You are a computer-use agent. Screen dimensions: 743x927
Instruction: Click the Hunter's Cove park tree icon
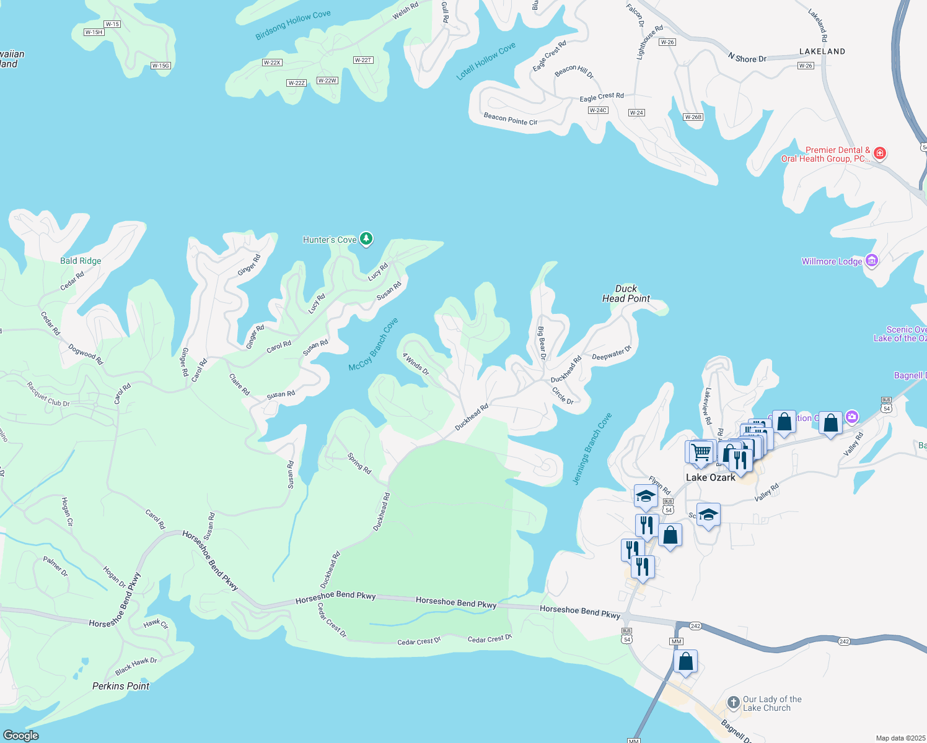click(366, 238)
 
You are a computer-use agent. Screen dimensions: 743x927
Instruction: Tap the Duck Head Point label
click(626, 293)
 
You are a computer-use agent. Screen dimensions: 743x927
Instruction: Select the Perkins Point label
click(121, 686)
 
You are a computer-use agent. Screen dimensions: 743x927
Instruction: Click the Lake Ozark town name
click(710, 477)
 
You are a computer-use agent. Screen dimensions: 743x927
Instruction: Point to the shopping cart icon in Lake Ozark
click(701, 451)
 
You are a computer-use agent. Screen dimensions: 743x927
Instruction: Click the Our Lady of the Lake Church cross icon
click(733, 703)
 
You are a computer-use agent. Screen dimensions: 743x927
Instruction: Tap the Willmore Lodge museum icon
click(872, 261)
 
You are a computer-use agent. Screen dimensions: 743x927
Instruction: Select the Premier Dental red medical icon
click(879, 153)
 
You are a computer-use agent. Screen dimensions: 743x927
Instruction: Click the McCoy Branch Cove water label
click(373, 344)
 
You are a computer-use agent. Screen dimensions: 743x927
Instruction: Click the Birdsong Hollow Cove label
click(293, 25)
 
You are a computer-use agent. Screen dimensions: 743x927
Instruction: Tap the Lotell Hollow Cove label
click(486, 61)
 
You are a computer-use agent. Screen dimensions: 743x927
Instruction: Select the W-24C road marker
click(598, 110)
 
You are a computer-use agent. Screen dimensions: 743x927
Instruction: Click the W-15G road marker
click(160, 66)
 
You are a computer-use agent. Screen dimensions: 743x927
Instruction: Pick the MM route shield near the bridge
click(676, 641)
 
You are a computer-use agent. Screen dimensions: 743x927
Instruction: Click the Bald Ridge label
click(81, 261)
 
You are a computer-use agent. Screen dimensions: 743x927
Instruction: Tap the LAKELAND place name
click(822, 51)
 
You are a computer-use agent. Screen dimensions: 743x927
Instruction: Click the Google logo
click(21, 735)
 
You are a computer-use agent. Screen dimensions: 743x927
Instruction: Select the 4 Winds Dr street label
click(416, 364)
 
